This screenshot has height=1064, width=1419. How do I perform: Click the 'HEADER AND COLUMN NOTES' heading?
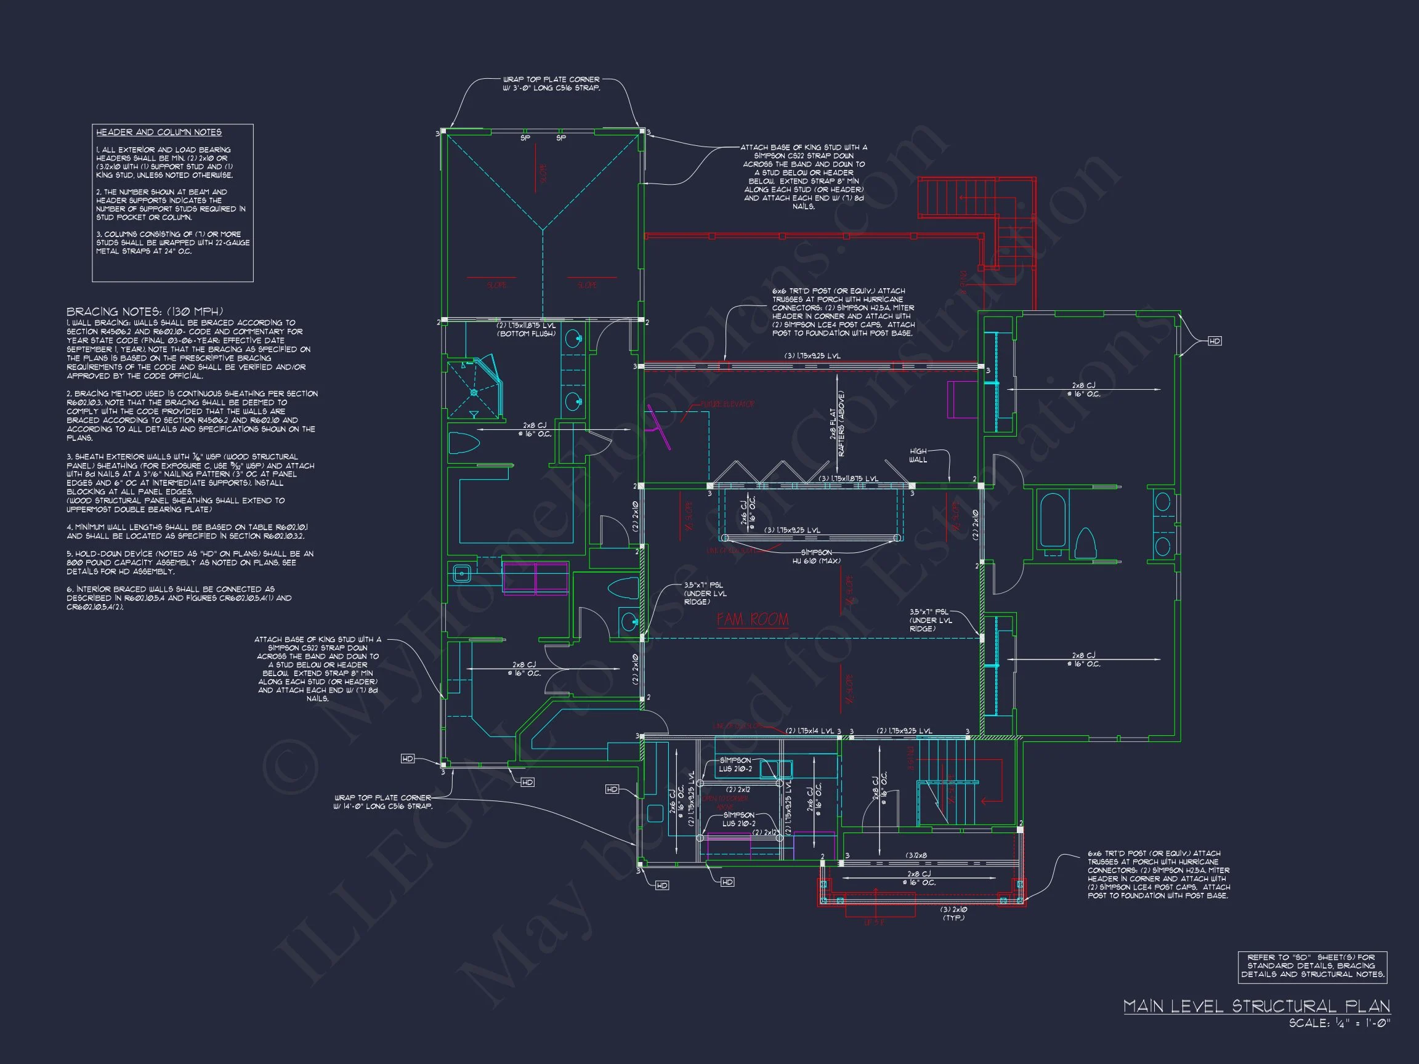point(158,132)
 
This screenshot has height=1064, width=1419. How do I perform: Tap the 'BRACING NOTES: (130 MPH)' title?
point(144,312)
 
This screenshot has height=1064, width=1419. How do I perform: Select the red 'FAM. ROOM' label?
point(753,619)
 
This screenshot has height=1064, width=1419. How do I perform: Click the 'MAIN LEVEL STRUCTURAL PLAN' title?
point(1256,1006)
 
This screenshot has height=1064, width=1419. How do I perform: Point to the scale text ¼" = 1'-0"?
point(1339,1023)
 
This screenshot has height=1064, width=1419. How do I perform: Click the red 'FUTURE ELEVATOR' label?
point(727,404)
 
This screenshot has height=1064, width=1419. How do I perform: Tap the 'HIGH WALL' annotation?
point(918,456)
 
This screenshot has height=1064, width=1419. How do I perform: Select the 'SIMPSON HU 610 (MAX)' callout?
point(816,556)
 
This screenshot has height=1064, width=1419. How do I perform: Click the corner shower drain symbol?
point(474,392)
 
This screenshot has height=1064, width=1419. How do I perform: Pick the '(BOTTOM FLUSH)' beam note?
point(525,334)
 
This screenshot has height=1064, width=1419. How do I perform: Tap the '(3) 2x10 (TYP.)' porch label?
point(953,913)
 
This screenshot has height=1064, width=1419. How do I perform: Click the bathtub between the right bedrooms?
point(1053,520)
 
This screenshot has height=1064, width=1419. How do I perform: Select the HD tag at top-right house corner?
point(1215,341)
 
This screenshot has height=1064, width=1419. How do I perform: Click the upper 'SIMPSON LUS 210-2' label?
point(735,765)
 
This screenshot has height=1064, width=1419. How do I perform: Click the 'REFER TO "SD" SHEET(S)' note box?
point(1312,966)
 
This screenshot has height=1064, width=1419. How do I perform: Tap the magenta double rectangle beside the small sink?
point(535,577)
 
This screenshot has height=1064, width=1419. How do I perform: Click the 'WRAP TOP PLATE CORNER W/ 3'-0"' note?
point(551,84)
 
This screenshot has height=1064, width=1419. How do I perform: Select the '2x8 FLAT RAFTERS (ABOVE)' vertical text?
point(838,424)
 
